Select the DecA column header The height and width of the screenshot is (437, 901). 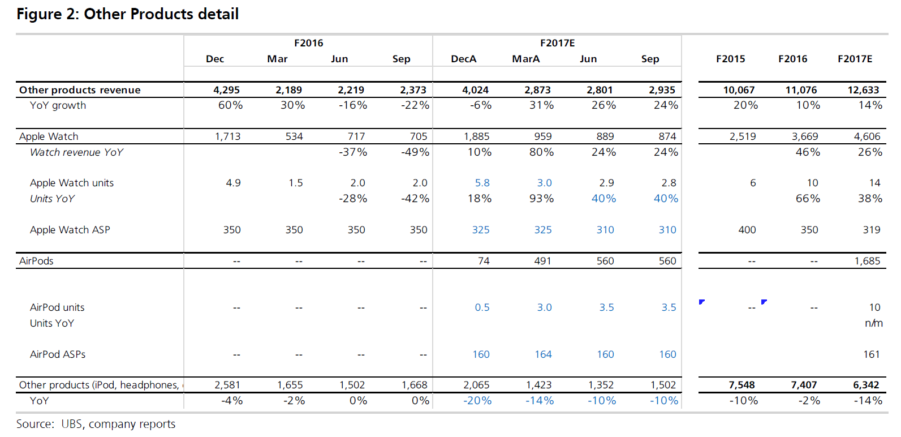463,59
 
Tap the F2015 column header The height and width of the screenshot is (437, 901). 730,59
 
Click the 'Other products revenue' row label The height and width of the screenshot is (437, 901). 80,90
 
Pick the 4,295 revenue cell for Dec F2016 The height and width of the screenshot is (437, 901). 226,90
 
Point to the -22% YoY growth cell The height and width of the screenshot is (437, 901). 415,105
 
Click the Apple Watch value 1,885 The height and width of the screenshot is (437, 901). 476,136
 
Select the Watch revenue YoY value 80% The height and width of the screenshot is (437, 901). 541,152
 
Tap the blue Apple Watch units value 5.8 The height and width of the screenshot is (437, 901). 482,183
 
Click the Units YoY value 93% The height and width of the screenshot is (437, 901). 541,199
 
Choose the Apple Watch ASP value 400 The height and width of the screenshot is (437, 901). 747,230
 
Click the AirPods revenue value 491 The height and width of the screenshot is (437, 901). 542,261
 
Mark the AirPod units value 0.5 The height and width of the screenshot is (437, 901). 482,307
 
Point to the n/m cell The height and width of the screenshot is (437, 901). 873,323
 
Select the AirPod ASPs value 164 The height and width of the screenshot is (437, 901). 543,354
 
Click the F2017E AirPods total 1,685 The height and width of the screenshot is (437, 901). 867,261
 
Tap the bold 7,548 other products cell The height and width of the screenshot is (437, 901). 742,385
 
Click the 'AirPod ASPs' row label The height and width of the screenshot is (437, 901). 58,354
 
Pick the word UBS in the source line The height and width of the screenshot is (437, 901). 72,424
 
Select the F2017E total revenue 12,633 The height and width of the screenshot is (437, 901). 863,90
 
